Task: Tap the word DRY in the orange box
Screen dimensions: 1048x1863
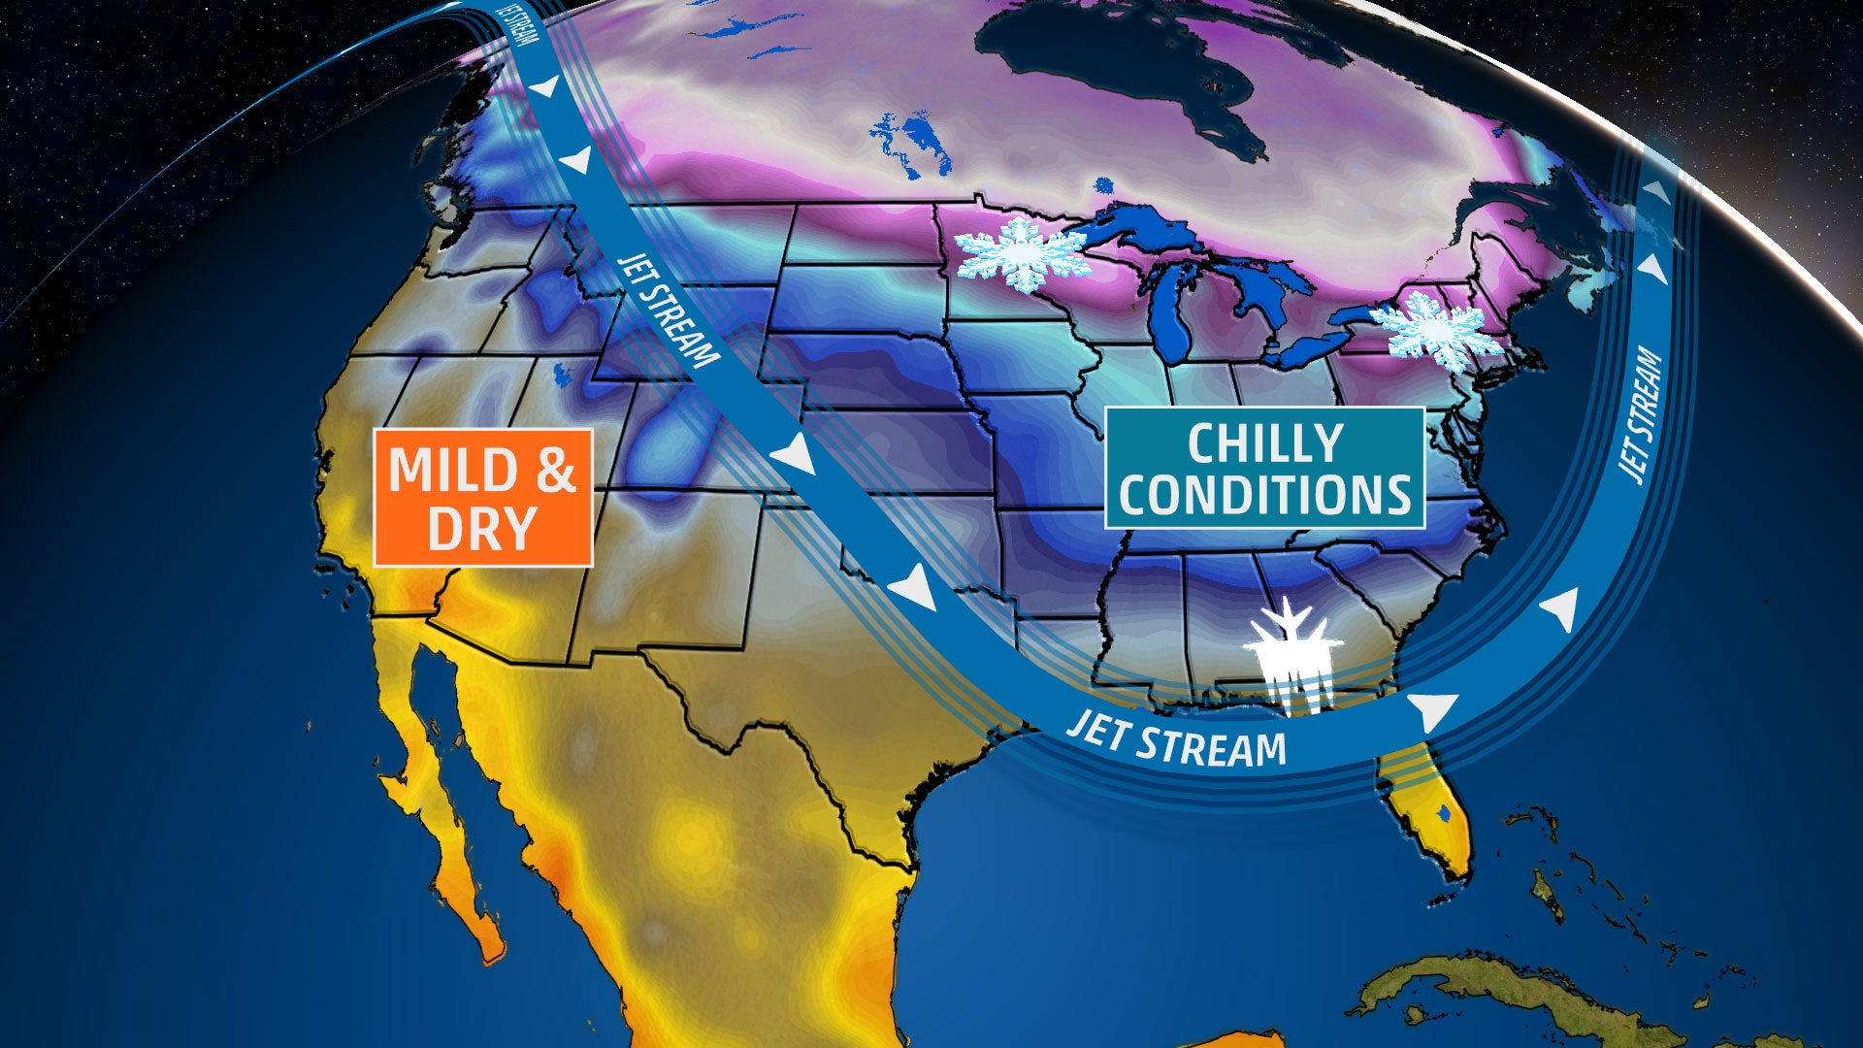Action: point(481,529)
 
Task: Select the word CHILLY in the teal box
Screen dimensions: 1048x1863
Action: point(1264,443)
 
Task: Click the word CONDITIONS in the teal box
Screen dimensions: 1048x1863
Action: point(1264,494)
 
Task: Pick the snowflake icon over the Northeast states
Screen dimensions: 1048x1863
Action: point(1435,331)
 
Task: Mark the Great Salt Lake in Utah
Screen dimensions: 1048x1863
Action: point(562,375)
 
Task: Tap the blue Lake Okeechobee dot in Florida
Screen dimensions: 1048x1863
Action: point(1445,812)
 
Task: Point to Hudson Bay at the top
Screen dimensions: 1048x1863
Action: point(1116,68)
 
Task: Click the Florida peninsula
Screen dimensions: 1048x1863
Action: point(1426,815)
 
